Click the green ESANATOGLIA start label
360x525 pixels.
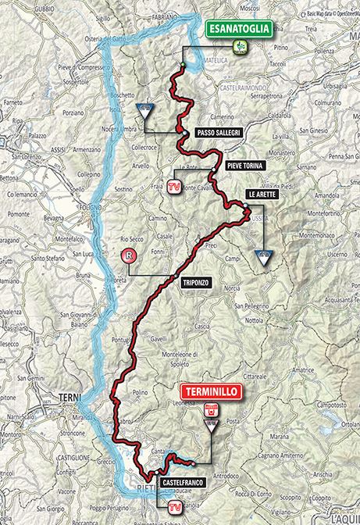(241, 30)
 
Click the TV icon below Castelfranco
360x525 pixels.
(173, 506)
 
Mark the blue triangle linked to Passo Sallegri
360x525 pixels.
(145, 110)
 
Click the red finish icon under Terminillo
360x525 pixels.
(209, 407)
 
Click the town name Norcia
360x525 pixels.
(233, 288)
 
